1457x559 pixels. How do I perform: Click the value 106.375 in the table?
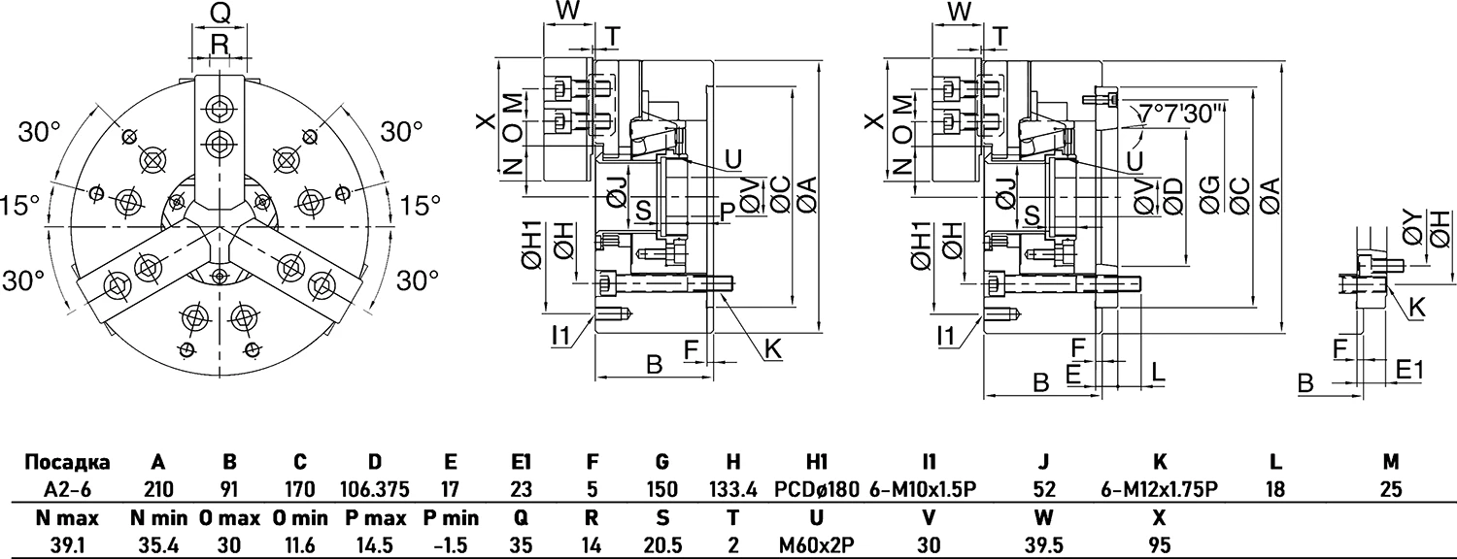(x=375, y=489)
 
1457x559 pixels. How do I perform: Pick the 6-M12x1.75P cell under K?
(x=1159, y=489)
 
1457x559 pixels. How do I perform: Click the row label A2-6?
(x=65, y=489)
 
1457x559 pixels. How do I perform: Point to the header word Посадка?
(x=66, y=462)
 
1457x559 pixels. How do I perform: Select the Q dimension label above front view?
(x=220, y=13)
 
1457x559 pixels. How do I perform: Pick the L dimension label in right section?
(x=1157, y=371)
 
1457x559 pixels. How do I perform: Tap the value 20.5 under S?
(x=661, y=544)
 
